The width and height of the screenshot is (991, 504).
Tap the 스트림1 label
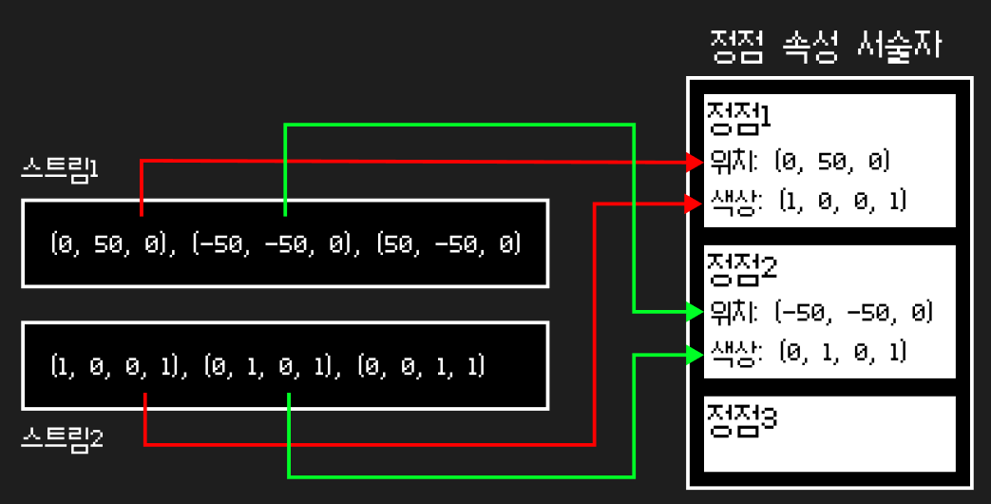61,170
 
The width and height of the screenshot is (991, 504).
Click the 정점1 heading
738,117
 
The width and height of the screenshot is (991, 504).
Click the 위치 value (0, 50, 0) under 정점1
832,163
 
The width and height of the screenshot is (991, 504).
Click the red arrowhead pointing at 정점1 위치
693,162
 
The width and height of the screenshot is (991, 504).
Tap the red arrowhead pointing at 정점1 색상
693,202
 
